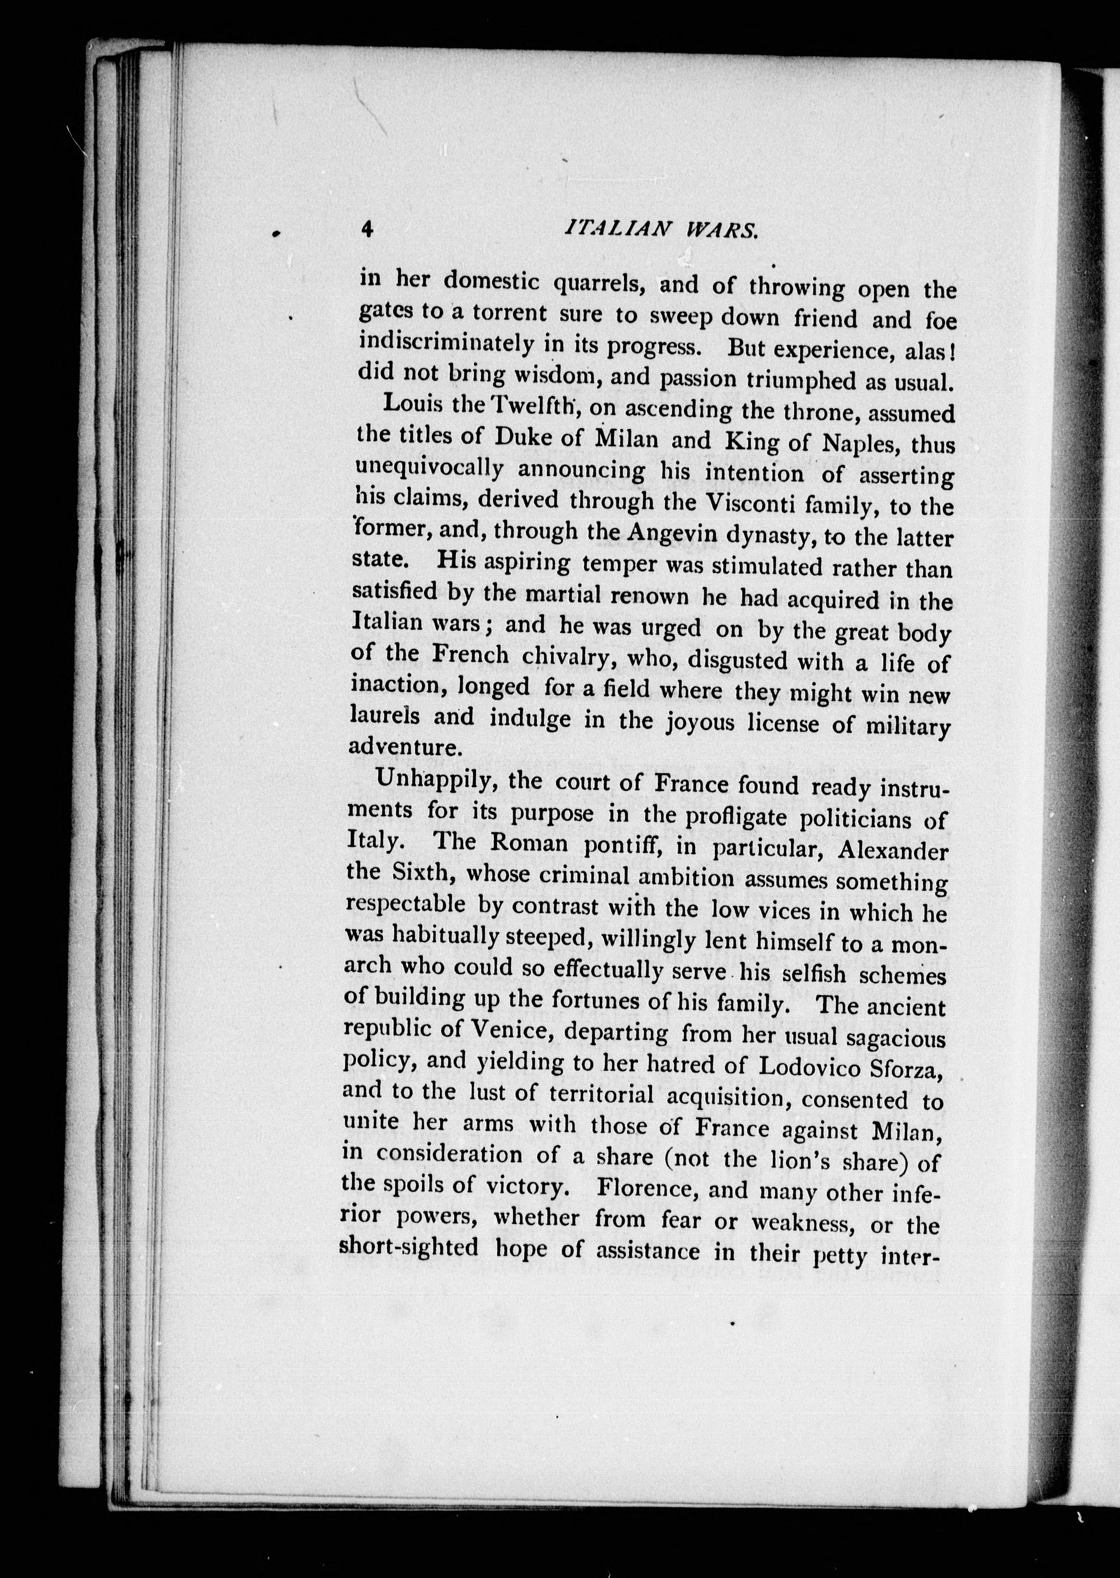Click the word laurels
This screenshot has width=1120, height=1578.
(385, 716)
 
